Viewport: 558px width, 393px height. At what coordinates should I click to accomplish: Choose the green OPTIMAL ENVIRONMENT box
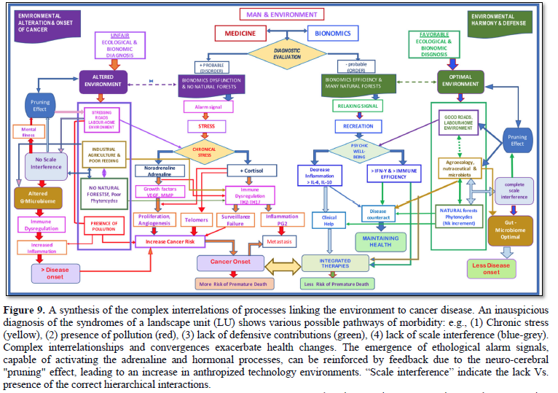pyautogui.click(x=456, y=80)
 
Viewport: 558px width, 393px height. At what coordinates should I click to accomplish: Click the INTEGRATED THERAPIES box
pyautogui.click(x=335, y=262)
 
